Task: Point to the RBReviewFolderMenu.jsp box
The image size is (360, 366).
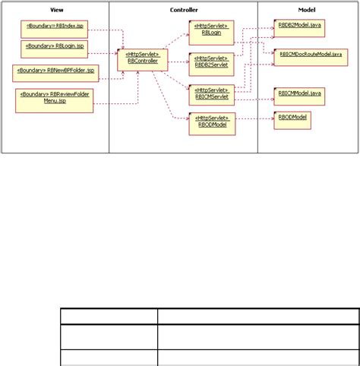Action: pyautogui.click(x=55, y=101)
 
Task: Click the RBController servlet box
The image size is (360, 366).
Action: pyautogui.click(x=143, y=59)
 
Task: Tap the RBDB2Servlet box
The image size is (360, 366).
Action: pyautogui.click(x=210, y=63)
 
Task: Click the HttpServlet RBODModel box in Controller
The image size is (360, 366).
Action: pyautogui.click(x=212, y=123)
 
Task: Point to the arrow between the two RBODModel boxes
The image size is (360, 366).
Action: pyautogui.click(x=254, y=119)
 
